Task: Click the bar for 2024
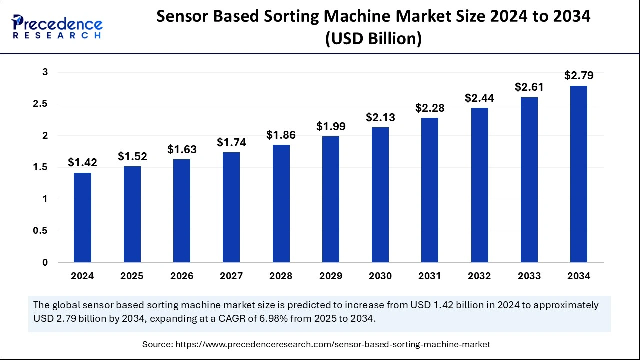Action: point(82,218)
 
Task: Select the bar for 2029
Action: point(330,199)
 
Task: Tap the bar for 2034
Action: point(579,174)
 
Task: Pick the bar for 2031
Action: point(430,190)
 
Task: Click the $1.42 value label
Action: point(82,162)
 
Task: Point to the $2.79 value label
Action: point(579,76)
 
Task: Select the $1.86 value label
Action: point(281,135)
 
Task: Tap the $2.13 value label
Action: point(380,118)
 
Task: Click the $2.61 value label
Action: point(529,87)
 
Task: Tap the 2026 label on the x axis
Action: point(182,276)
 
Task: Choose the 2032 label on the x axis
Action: point(479,276)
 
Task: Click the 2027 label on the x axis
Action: point(231,276)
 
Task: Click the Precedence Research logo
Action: point(58,26)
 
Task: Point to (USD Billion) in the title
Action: point(373,39)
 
